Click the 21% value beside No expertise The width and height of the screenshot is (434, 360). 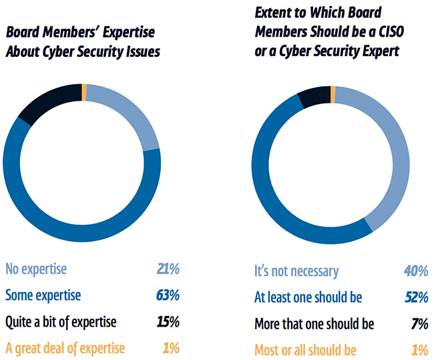click(166, 269)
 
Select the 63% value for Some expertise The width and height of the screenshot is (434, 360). click(166, 296)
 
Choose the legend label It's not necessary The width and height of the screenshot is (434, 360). click(296, 271)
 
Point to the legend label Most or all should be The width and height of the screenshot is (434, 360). click(305, 350)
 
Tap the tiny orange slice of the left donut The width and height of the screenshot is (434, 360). click(84, 91)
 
